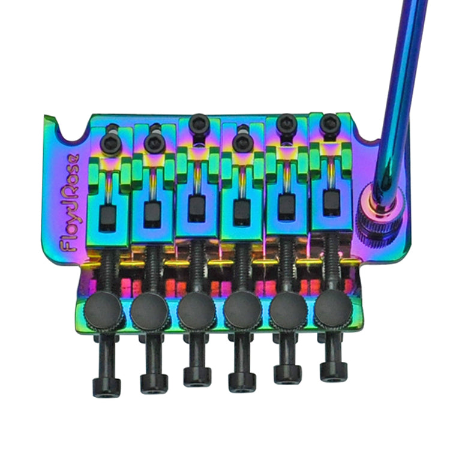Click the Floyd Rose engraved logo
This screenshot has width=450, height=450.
coord(70,204)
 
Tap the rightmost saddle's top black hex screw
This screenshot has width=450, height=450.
coord(329,124)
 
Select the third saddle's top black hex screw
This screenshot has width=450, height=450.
coord(197,124)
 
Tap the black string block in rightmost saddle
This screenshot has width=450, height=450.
coord(329,202)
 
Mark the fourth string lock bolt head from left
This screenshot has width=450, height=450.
coord(241,380)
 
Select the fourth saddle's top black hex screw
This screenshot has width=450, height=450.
coord(242,142)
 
